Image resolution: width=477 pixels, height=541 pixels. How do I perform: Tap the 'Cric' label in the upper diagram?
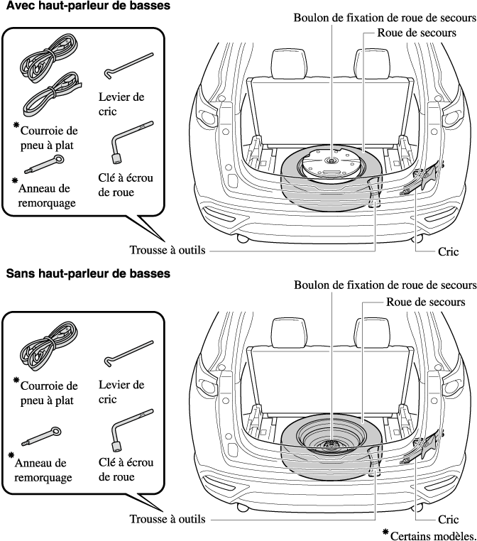pyautogui.click(x=449, y=251)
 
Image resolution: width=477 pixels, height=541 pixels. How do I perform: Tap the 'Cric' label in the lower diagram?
pyautogui.click(x=449, y=519)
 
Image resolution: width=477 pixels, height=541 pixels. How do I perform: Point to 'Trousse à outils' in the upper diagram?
pyautogui.click(x=168, y=251)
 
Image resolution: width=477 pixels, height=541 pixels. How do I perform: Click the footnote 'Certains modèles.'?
pyautogui.click(x=433, y=534)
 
